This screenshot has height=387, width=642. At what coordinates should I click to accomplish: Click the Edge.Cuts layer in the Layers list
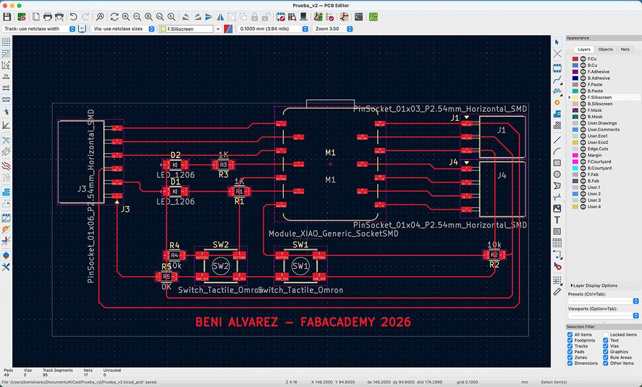tap(598, 149)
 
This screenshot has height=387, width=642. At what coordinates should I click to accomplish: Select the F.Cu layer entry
tap(592, 59)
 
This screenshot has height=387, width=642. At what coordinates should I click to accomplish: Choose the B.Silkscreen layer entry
tap(599, 104)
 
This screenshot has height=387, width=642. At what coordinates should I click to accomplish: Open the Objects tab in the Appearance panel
tap(606, 49)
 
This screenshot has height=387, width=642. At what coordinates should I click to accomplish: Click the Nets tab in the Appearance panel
tap(625, 49)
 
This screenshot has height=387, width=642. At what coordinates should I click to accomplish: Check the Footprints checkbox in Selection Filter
tap(570, 340)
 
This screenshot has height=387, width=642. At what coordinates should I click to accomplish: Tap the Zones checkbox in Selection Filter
tap(570, 358)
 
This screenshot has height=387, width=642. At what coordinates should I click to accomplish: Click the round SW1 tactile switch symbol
tap(300, 266)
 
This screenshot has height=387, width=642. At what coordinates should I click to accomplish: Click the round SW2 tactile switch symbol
tap(220, 266)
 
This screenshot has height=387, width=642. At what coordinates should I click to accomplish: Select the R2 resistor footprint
tap(494, 255)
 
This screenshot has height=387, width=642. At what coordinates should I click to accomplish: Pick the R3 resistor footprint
tap(224, 164)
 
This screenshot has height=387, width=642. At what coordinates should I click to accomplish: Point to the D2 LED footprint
tap(175, 164)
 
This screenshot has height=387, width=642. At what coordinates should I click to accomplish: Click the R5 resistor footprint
tap(166, 277)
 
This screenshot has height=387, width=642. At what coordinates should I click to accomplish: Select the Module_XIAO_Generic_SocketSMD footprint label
tap(333, 234)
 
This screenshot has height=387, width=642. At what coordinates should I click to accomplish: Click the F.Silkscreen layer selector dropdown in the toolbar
tap(190, 29)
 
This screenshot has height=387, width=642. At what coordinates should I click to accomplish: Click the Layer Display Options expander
tap(594, 285)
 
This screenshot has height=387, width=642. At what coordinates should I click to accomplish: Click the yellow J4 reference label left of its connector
tap(454, 162)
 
